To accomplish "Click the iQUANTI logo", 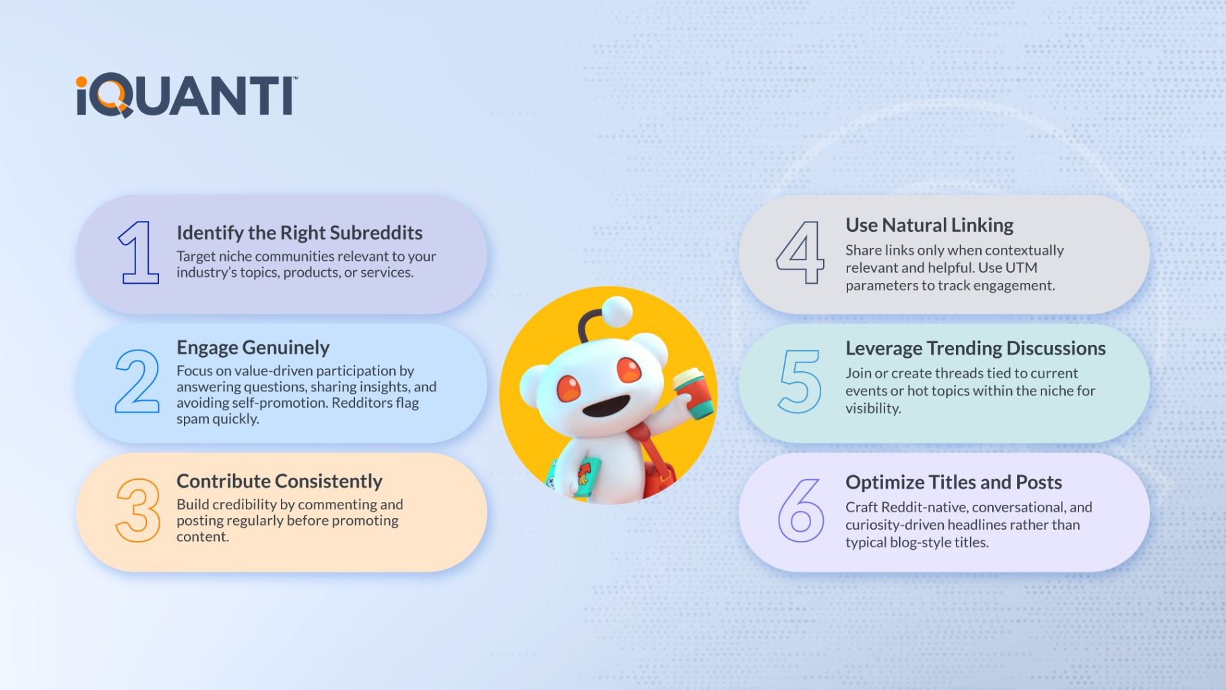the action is pyautogui.click(x=186, y=96).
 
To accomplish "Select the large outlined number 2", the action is pyautogui.click(x=137, y=381).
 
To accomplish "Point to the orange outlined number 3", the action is pyautogui.click(x=138, y=510).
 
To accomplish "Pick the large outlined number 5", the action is pyautogui.click(x=800, y=381).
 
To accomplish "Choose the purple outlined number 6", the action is pyautogui.click(x=801, y=510).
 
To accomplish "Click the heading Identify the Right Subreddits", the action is pyautogui.click(x=299, y=233).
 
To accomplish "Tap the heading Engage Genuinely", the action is pyautogui.click(x=253, y=348).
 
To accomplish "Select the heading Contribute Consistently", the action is pyautogui.click(x=279, y=481).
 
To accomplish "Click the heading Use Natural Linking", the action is pyautogui.click(x=929, y=225).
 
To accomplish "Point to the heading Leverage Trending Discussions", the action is pyautogui.click(x=975, y=348).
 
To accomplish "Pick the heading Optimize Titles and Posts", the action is pyautogui.click(x=953, y=482).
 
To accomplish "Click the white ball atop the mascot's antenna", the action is pyautogui.click(x=616, y=311).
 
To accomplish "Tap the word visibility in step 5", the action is pyautogui.click(x=873, y=409).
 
